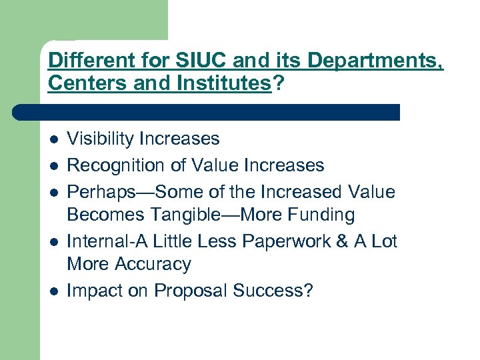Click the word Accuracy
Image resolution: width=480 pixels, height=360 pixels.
(152, 264)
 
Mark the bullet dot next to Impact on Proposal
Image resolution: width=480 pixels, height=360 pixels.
(53, 292)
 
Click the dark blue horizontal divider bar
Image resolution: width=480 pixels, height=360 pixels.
(207, 111)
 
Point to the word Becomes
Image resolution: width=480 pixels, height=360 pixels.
(102, 215)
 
